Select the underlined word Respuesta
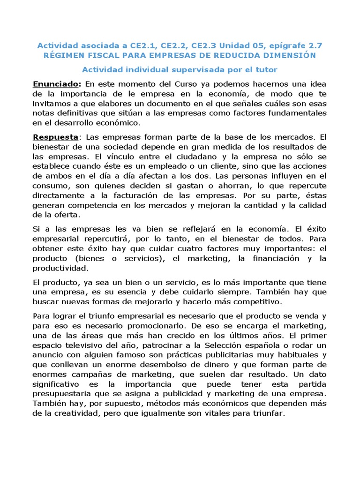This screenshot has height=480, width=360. click(55, 137)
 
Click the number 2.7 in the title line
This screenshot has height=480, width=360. click(313, 45)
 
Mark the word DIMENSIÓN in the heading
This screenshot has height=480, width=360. click(288, 55)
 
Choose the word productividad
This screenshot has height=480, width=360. click(59, 269)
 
